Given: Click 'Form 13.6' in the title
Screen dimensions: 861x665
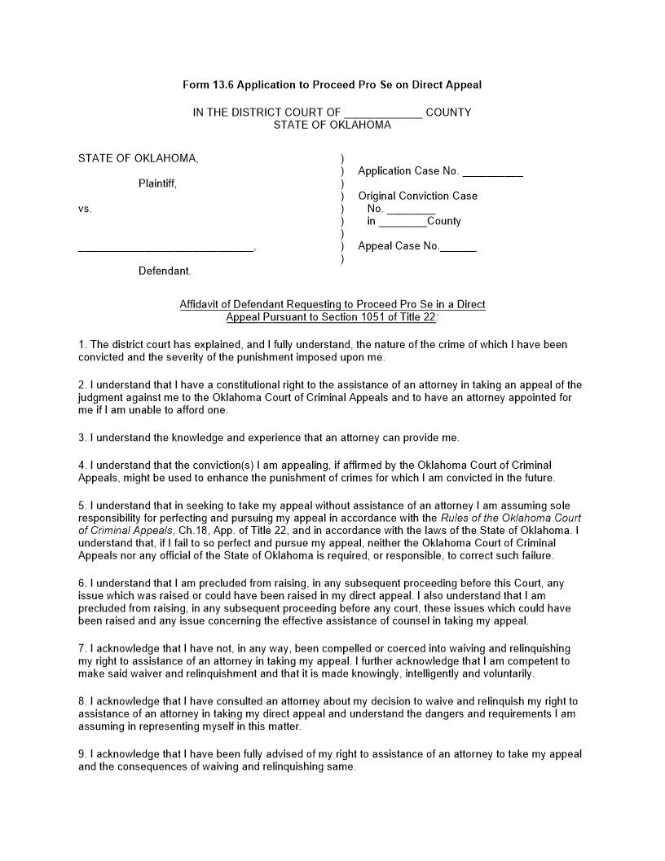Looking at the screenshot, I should [208, 85].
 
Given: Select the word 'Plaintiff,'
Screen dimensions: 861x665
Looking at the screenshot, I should [157, 183].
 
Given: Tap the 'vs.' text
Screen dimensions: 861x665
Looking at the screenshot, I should [86, 209].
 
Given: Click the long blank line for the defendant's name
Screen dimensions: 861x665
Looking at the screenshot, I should [165, 249].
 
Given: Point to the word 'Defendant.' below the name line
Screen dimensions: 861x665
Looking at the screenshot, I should [165, 271].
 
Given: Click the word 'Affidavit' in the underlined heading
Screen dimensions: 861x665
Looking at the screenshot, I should [201, 304].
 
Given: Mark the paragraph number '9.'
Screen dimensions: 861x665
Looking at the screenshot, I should [83, 754].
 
